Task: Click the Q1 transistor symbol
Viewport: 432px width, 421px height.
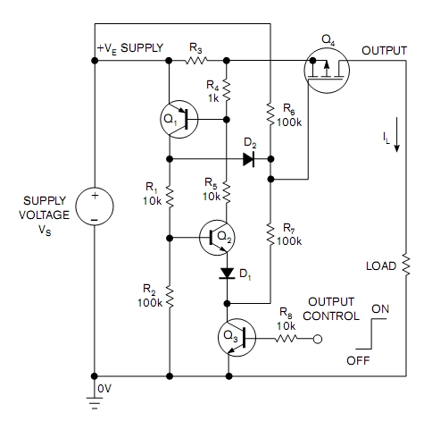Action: [180, 119]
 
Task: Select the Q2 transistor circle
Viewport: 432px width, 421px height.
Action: [217, 238]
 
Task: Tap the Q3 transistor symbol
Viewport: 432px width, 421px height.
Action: [236, 339]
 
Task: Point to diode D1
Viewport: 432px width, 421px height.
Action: [227, 271]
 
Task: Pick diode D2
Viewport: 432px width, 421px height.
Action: [249, 160]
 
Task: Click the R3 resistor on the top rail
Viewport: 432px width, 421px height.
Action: [195, 62]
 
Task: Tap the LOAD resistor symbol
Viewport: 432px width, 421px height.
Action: [404, 265]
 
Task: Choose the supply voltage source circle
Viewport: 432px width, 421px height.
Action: [94, 206]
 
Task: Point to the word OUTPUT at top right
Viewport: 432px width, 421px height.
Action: [384, 51]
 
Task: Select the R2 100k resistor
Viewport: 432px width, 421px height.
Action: [169, 294]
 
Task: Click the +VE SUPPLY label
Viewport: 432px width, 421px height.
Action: [130, 50]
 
